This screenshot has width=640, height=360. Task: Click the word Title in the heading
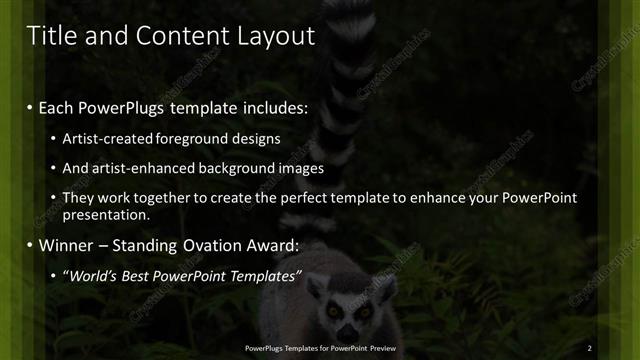coord(51,36)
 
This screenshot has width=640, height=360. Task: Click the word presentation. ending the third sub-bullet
coord(105,214)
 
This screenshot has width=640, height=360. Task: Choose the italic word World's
coord(92,276)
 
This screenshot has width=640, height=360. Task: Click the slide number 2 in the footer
coord(591,347)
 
